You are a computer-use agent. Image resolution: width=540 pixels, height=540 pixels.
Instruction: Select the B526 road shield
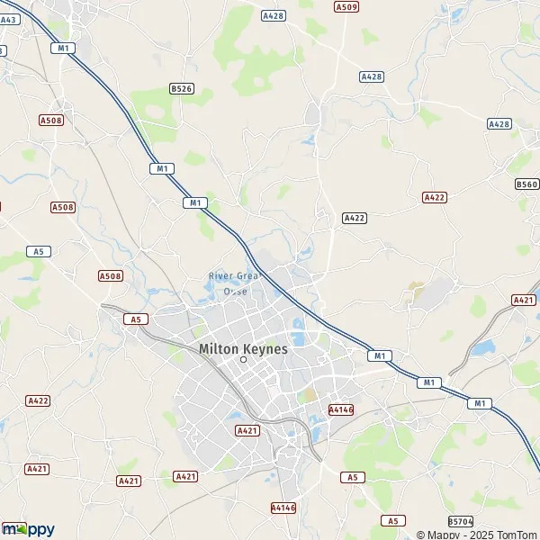(x=181, y=88)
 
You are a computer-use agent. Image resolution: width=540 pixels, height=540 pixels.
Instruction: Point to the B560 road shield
(x=527, y=184)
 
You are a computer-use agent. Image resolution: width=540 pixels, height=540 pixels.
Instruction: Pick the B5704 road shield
(x=460, y=521)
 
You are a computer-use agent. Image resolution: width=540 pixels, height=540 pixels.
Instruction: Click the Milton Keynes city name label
(x=243, y=348)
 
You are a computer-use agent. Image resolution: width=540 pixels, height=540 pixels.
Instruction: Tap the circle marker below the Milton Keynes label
(x=243, y=360)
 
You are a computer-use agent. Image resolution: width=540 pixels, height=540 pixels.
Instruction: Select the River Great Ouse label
(x=233, y=283)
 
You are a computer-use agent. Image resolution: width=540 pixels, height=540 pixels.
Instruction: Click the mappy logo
(x=29, y=529)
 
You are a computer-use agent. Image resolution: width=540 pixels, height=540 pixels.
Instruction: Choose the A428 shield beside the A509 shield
(x=272, y=15)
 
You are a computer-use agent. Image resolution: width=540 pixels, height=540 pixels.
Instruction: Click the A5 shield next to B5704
(x=391, y=520)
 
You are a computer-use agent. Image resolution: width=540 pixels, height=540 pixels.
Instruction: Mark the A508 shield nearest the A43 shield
(x=50, y=120)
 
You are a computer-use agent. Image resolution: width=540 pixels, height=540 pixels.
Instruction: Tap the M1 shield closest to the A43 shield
(x=62, y=48)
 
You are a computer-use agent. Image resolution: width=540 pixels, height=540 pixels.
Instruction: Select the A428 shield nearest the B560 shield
(x=499, y=123)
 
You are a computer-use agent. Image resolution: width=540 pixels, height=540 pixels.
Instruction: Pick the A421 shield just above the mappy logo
(x=37, y=469)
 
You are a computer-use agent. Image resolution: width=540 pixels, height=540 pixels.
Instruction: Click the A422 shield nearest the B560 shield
(x=434, y=196)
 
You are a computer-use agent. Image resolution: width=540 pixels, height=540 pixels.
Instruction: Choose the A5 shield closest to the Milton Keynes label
(x=136, y=319)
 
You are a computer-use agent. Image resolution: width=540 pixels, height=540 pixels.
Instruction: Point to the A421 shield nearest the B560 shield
(x=523, y=300)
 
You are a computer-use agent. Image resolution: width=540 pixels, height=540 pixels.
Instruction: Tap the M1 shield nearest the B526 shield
(x=162, y=168)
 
